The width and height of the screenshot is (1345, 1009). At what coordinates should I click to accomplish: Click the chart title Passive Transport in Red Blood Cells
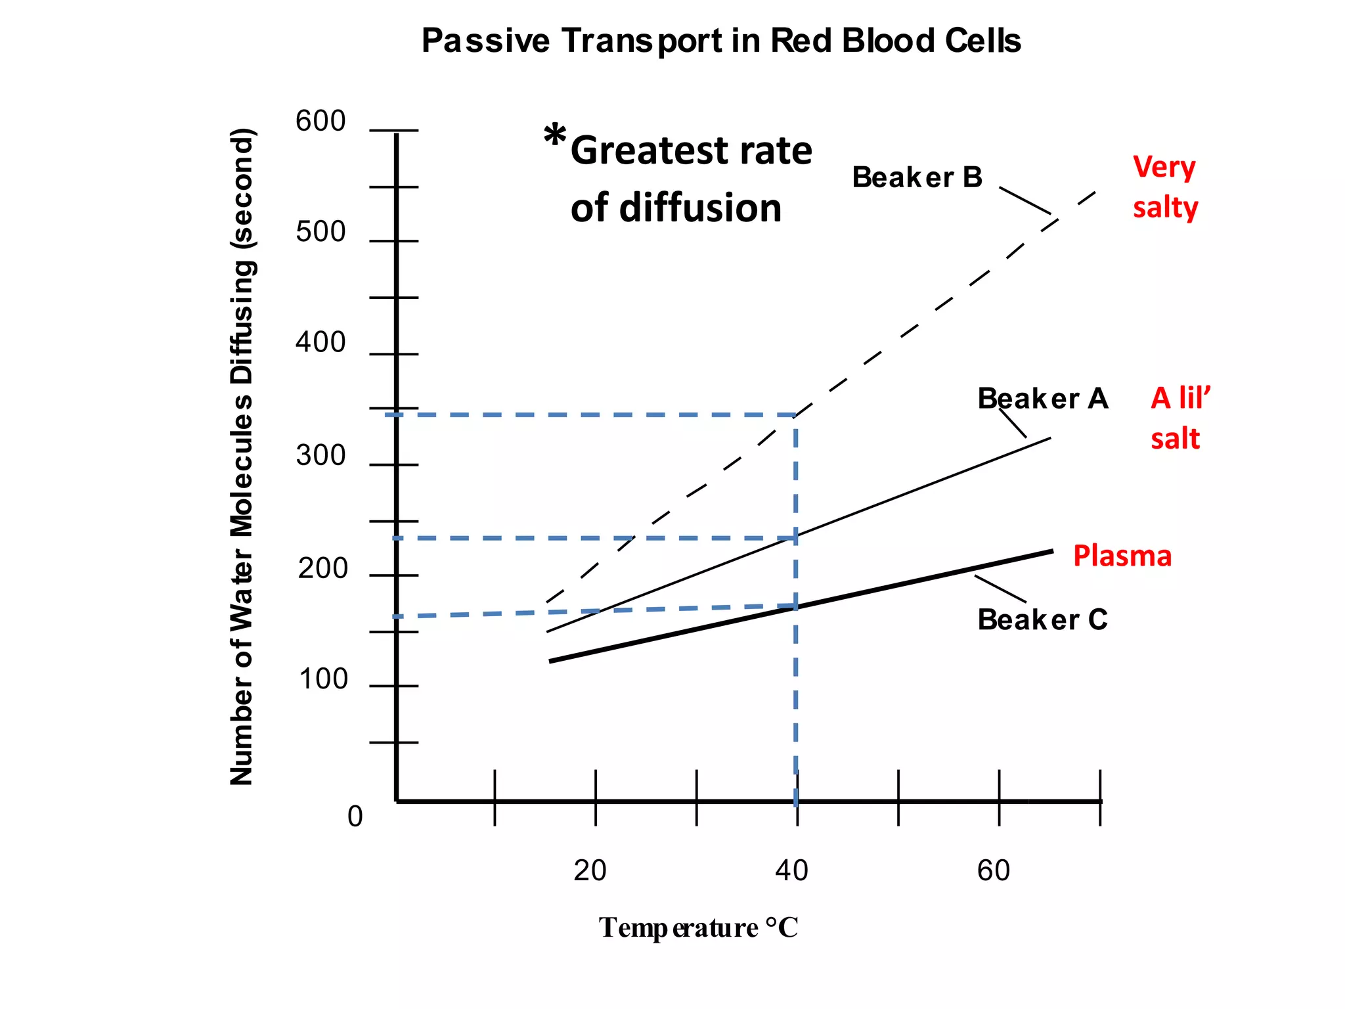pos(720,41)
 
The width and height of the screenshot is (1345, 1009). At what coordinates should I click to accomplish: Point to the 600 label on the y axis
pos(320,122)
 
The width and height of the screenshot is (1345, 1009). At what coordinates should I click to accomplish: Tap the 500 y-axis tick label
pos(320,233)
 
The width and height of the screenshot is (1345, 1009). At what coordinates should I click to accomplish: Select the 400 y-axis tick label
pos(320,343)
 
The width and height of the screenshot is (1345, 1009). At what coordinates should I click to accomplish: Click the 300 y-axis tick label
pos(320,456)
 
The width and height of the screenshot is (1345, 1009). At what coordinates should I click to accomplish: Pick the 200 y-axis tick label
pos(322,569)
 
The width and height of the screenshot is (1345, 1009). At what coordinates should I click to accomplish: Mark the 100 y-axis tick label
pos(323,679)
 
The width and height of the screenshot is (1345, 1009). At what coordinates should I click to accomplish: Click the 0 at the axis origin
pos(355,817)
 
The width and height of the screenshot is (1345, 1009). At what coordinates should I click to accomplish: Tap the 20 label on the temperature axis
pos(590,870)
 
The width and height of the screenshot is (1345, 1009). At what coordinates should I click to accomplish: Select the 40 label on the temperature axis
pos(791,870)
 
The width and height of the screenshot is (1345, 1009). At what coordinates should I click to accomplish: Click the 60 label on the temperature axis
pos(993,870)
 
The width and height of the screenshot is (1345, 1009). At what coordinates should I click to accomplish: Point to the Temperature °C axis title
pos(698,928)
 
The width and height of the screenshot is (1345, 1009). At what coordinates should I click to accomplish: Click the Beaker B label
pos(917,177)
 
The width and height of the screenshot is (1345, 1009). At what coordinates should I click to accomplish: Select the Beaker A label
pos(1042,399)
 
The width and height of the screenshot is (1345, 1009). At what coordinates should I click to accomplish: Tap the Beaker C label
pos(1042,619)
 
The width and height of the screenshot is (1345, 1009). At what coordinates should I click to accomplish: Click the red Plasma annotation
pos(1122,556)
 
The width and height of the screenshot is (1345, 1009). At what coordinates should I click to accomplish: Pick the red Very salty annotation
pos(1165,187)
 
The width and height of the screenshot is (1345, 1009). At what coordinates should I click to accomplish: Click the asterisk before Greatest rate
pos(555,136)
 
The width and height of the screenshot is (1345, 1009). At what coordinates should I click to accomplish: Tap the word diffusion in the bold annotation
pos(700,208)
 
